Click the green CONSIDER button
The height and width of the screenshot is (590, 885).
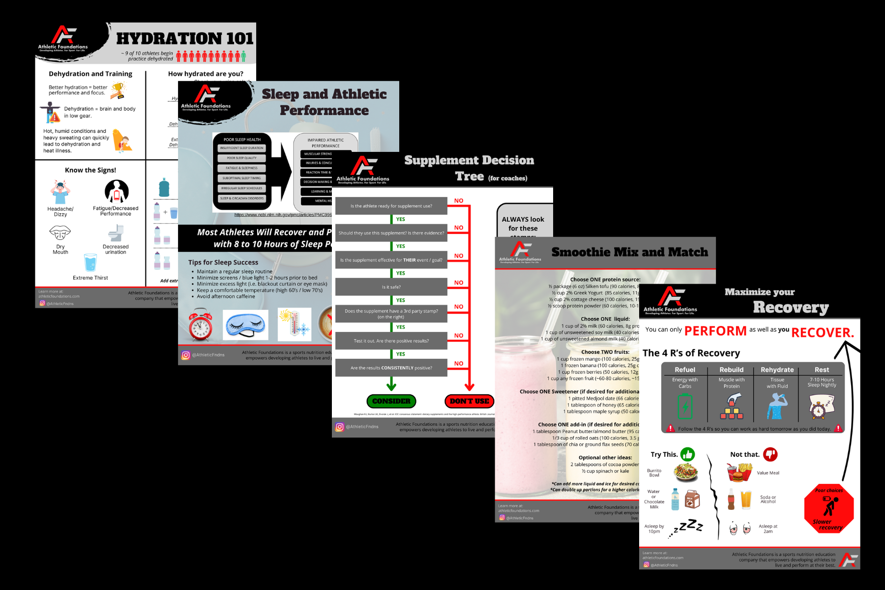point(391,401)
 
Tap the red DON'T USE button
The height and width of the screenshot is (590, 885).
point(469,401)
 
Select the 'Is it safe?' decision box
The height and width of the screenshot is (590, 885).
point(391,287)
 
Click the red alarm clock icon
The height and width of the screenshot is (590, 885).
point(201,325)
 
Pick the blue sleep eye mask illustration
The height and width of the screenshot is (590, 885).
point(245,325)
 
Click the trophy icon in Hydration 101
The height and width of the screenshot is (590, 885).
point(118,90)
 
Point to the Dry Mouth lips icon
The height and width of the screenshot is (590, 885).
point(60,232)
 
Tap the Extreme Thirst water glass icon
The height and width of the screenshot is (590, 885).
point(90,263)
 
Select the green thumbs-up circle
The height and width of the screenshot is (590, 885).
point(687,454)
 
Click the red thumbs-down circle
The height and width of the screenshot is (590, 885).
point(770,454)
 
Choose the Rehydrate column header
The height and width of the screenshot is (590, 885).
point(777,370)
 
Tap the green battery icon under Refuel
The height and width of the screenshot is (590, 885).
point(685,407)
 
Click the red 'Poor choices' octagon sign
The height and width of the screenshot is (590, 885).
point(829,508)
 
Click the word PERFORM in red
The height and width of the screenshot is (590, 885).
point(715,331)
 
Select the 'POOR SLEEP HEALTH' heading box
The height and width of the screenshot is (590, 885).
point(242,140)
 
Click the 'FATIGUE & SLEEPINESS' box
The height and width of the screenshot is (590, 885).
point(242,168)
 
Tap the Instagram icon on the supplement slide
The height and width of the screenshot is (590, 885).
point(340,427)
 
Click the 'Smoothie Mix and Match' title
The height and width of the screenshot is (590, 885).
point(629,252)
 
